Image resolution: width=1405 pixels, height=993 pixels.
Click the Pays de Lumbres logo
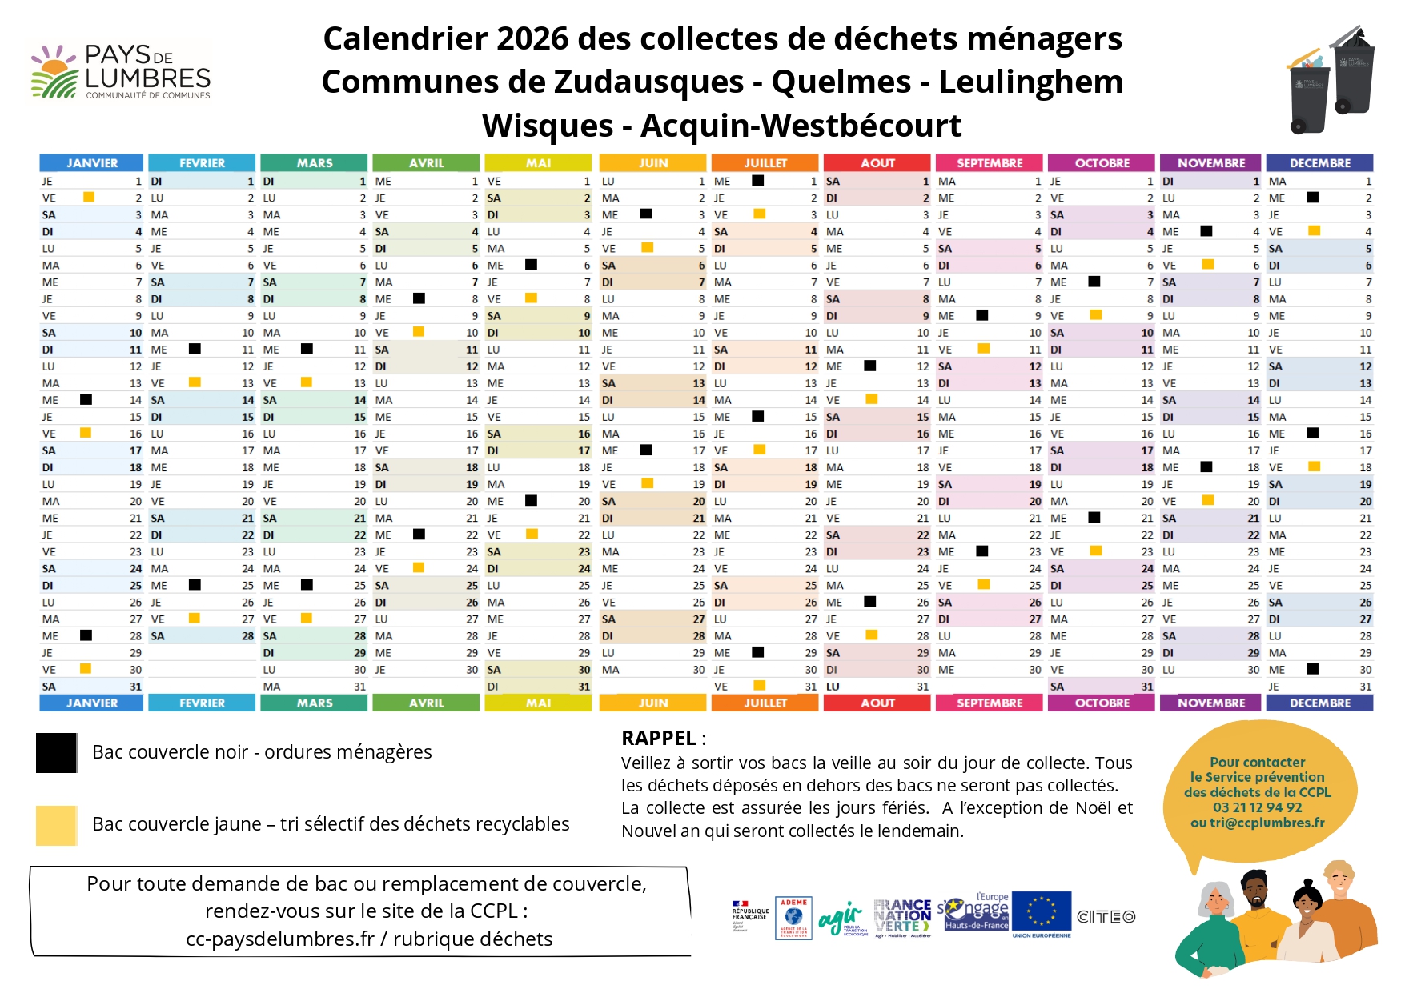tap(120, 72)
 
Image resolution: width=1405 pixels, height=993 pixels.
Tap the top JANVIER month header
tap(91, 162)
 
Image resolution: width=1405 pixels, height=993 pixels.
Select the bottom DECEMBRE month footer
tap(1319, 703)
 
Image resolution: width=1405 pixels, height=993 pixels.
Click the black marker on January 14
tap(86, 399)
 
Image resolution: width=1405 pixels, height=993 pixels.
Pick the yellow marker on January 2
tap(89, 197)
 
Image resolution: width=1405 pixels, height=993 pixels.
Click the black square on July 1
tap(757, 181)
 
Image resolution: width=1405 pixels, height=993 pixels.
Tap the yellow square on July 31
tap(759, 686)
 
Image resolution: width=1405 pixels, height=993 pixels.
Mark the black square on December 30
tap(1312, 669)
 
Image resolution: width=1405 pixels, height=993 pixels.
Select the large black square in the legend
tap(56, 752)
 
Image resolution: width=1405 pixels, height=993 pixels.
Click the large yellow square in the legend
tap(56, 825)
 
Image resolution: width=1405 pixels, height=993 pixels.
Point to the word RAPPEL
tap(658, 738)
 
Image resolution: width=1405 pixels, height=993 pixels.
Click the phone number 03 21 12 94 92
tap(1257, 807)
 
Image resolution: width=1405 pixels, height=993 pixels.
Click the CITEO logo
tap(1106, 917)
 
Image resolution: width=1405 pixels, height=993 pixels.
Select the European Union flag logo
tap(1041, 911)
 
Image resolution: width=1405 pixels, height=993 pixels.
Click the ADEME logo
tap(793, 917)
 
